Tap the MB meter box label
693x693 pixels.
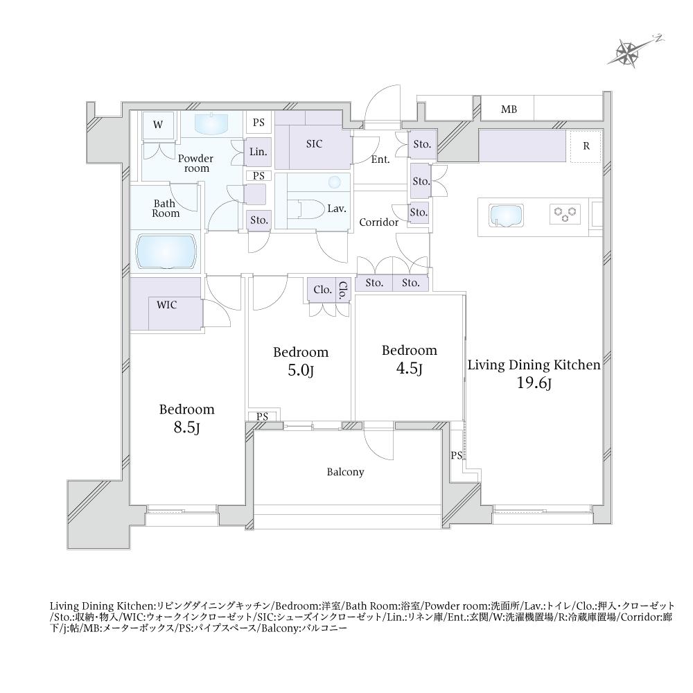tap(509, 109)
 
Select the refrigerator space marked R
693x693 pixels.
tap(586, 146)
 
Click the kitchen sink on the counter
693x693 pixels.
tap(506, 216)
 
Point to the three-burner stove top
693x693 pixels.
tap(565, 213)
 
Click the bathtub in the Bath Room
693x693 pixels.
tap(166, 252)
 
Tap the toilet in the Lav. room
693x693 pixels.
tap(306, 209)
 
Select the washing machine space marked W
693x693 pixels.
tap(158, 125)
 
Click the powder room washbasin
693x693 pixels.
tap(211, 123)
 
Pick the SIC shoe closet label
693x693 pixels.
tap(314, 143)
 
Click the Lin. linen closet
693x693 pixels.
tap(257, 152)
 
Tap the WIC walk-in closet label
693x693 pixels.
tap(166, 304)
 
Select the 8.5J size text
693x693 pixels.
tap(187, 428)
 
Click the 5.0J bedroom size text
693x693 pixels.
tap(301, 370)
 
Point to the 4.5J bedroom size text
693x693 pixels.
tap(410, 368)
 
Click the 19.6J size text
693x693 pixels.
tap(534, 383)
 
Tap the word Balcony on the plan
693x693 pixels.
tap(345, 472)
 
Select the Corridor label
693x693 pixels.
tap(379, 222)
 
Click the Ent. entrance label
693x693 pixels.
tap(380, 159)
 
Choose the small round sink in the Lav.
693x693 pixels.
tap(335, 182)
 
